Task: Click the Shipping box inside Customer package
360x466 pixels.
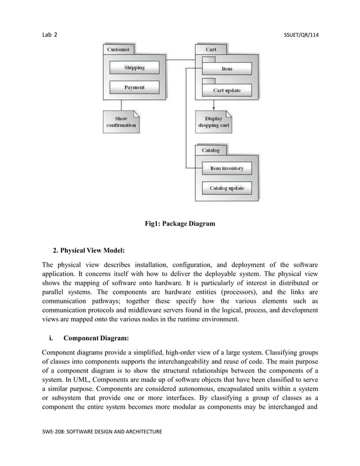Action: click(134, 68)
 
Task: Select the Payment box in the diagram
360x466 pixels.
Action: click(134, 87)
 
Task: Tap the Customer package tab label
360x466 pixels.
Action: click(118, 50)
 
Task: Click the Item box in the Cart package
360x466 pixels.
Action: click(226, 69)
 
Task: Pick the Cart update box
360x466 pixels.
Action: click(226, 90)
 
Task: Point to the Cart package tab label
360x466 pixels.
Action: click(211, 50)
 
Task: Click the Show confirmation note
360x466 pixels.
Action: click(121, 122)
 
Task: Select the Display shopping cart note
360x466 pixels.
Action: click(213, 122)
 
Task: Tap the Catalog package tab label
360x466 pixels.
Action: click(210, 151)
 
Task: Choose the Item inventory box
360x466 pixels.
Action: click(226, 168)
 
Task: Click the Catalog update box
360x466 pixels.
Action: click(226, 188)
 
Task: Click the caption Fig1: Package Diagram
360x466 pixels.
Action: click(179, 224)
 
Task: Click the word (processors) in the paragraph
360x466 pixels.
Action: click(240, 292)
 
